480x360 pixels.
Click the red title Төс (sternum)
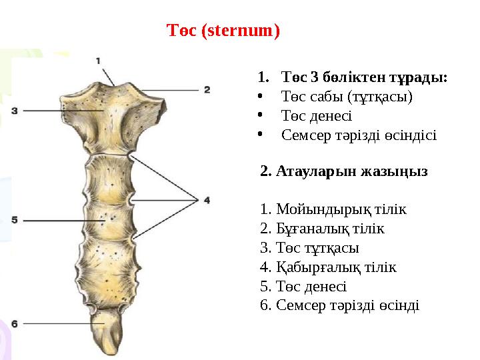(x=223, y=31)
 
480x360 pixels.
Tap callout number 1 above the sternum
(x=99, y=61)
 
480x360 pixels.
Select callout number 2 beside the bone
(x=207, y=89)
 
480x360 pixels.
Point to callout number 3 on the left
(x=14, y=109)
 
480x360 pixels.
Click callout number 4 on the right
(x=207, y=199)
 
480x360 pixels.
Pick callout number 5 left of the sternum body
(x=14, y=219)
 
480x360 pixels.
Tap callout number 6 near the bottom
(x=14, y=324)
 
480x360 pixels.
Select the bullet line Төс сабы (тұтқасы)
(x=347, y=97)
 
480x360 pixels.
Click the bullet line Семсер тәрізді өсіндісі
(x=359, y=135)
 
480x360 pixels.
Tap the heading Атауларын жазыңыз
(x=344, y=171)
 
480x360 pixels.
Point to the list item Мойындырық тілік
(x=333, y=209)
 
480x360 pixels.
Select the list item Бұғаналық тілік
(x=322, y=229)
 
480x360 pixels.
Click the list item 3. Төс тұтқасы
(x=309, y=248)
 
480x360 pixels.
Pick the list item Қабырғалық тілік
(x=328, y=267)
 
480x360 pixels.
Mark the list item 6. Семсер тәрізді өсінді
(x=339, y=306)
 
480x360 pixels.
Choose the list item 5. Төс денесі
(x=303, y=287)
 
